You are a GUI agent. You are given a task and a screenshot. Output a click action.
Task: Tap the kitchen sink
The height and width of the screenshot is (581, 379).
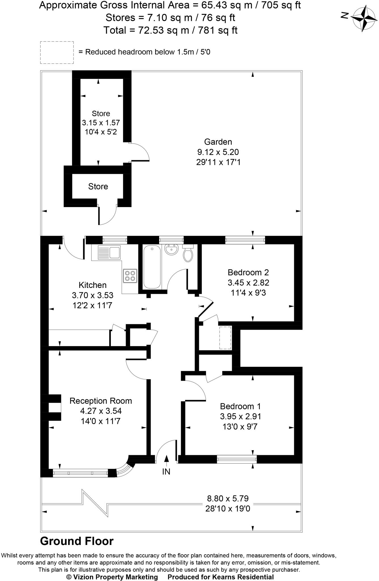109,252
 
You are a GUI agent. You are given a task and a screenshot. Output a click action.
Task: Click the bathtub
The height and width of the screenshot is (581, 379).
152,267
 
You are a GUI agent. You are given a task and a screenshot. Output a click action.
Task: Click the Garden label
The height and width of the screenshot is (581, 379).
218,142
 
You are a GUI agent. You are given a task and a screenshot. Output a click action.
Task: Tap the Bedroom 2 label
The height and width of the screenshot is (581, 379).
248,273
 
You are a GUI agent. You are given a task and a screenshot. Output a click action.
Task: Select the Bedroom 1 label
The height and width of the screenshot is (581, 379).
240,406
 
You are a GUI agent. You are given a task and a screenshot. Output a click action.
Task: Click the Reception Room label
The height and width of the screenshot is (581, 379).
101,401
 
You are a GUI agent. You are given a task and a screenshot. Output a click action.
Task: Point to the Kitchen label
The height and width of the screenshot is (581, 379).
92,285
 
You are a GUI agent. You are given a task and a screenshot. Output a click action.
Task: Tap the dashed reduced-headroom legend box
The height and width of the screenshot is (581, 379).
57,52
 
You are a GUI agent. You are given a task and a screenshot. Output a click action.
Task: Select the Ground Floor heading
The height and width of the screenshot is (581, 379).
77,541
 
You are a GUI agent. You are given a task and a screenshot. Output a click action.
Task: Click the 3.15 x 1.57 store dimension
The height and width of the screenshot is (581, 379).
101,123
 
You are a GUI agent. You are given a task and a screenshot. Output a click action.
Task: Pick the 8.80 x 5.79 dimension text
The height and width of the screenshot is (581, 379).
228,498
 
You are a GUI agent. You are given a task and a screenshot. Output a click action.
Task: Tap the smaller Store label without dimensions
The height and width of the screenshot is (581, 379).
98,186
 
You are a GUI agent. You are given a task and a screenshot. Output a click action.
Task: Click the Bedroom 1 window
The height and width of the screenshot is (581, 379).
237,459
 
